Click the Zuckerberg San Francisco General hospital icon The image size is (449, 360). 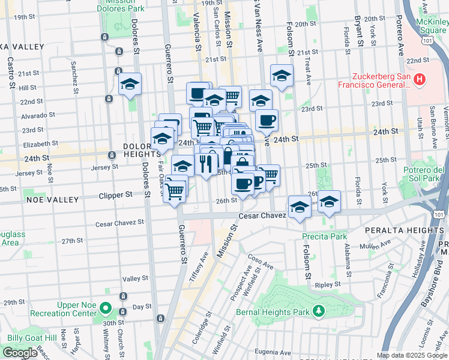420,79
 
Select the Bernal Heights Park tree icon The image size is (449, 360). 319,311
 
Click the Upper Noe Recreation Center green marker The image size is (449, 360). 106,310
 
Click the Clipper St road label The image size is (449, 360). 115,195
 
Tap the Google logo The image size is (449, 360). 20,353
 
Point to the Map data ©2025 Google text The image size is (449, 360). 412,355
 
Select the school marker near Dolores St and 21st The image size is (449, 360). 129,85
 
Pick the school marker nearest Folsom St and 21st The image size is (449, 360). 281,76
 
